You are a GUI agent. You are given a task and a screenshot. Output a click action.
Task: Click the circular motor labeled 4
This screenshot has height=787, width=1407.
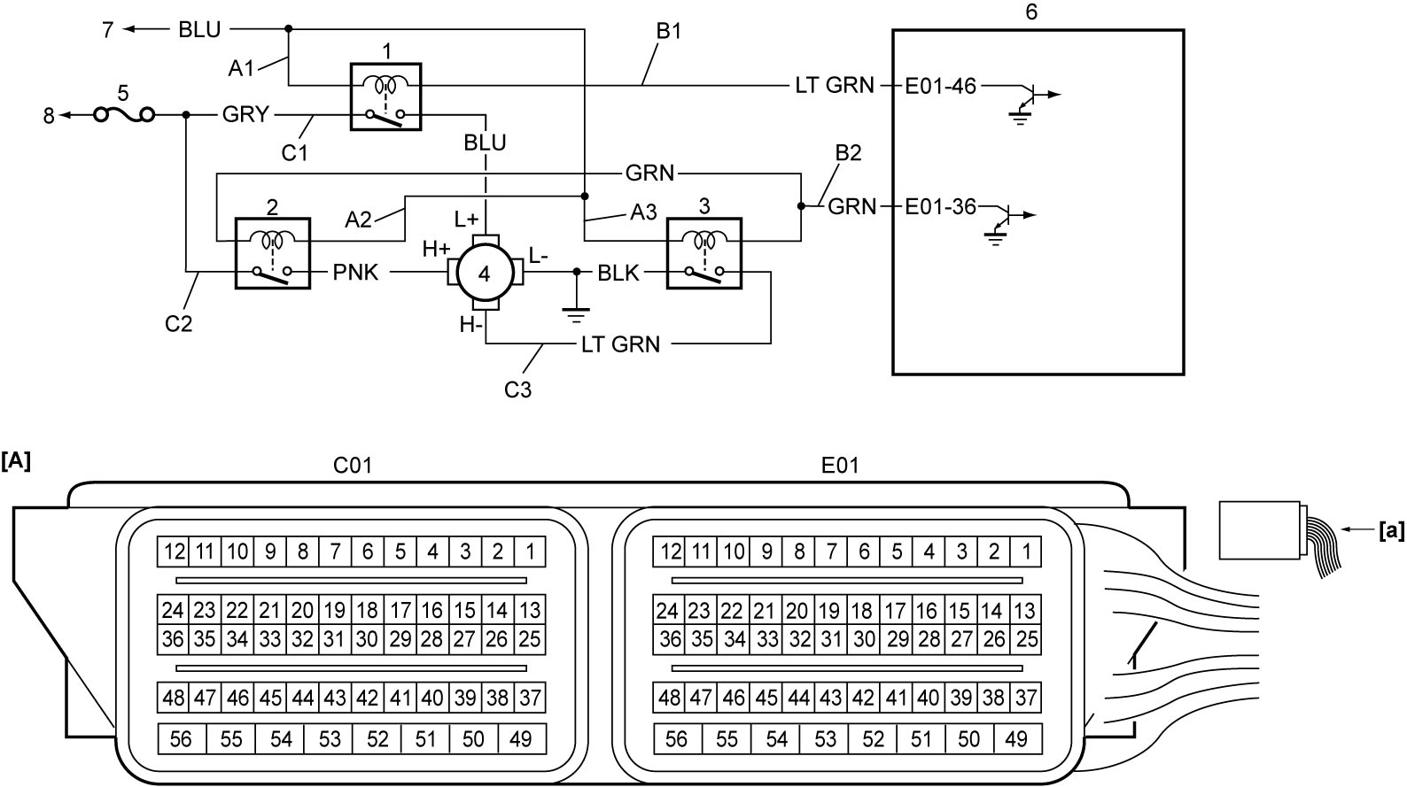(485, 273)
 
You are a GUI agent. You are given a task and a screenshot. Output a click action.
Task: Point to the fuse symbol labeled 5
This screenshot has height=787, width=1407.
(124, 115)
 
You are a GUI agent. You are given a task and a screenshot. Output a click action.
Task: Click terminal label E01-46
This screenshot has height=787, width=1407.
(940, 85)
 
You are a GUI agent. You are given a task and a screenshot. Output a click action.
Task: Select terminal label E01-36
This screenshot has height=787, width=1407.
(940, 206)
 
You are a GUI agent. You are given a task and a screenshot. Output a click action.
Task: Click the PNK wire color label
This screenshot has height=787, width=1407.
(355, 273)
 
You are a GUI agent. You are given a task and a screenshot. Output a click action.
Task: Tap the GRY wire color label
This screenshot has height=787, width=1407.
(245, 115)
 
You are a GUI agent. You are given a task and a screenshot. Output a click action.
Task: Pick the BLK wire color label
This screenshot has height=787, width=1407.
(618, 273)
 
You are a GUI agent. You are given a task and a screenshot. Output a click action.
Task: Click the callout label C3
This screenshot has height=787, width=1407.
(517, 390)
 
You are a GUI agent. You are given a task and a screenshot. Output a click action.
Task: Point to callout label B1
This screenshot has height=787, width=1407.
(668, 31)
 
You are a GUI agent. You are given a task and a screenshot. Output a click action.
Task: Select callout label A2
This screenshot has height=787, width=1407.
(358, 220)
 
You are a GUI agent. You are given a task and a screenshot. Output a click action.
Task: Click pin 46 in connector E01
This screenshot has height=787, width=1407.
(734, 698)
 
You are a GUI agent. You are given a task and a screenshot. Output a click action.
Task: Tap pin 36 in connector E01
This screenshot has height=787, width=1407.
(670, 639)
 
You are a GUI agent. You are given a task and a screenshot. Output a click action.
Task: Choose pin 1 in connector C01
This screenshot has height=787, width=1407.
(530, 552)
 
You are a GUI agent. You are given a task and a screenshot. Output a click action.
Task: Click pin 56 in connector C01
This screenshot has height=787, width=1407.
(182, 739)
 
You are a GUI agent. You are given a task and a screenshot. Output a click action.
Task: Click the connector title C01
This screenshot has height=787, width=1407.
(353, 465)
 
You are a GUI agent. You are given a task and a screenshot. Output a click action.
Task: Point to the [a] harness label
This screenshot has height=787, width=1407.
(1391, 531)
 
